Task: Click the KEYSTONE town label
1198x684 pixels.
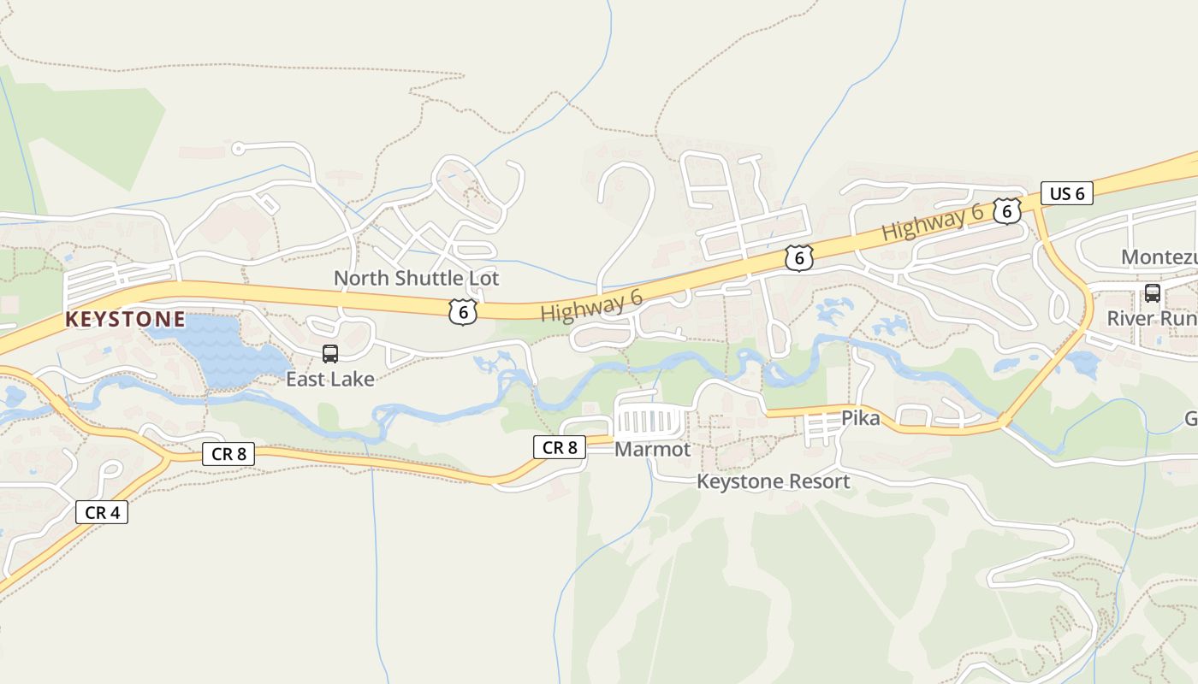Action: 125,320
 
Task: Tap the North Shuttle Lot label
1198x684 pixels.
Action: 416,278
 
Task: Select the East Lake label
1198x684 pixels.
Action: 330,379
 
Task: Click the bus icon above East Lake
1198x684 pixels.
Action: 330,354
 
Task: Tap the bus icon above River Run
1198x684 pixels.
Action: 1152,293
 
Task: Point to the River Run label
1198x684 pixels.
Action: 1152,318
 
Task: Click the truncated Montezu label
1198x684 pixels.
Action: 1159,257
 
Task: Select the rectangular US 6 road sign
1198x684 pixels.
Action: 1067,193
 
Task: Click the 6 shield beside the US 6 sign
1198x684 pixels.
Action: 1006,210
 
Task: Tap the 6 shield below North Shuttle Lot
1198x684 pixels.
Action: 463,312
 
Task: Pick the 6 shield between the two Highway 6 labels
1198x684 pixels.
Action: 798,257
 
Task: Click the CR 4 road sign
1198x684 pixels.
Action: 102,512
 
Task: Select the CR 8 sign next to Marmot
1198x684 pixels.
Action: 560,446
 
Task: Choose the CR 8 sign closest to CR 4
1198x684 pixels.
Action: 228,454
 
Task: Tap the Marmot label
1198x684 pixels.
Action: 652,449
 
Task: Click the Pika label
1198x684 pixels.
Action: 860,418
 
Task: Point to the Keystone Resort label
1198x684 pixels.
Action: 773,481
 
